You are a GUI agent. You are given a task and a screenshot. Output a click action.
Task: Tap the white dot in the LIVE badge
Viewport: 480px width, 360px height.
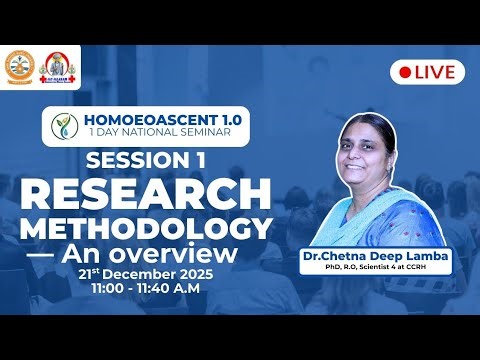coord(405,71)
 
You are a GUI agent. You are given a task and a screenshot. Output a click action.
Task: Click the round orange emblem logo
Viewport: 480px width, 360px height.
coord(20,67)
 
